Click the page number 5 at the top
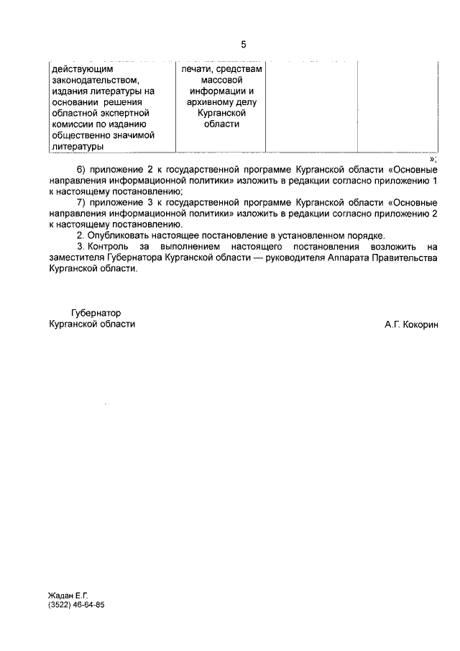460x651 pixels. pyautogui.click(x=244, y=45)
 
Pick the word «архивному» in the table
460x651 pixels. pyautogui.click(x=211, y=102)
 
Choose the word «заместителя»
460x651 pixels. pyautogui.click(x=75, y=258)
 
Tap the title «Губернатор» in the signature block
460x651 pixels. pyautogui.click(x=96, y=313)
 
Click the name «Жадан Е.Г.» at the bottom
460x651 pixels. pyautogui.click(x=68, y=596)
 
